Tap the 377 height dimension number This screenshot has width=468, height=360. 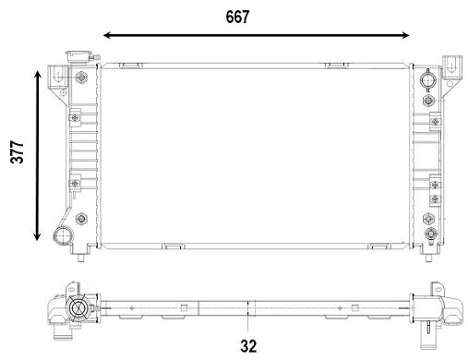point(16,152)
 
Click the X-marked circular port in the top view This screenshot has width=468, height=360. point(79,309)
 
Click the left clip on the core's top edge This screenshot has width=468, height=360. point(129,66)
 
